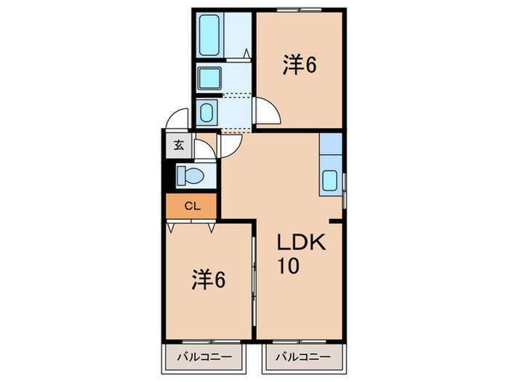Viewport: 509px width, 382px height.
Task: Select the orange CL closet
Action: (x=191, y=206)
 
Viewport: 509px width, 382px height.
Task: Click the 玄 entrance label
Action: (x=179, y=143)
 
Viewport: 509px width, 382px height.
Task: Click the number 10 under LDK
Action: (x=288, y=266)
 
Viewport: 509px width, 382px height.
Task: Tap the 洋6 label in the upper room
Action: (x=300, y=65)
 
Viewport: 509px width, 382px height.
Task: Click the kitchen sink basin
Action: (x=330, y=180)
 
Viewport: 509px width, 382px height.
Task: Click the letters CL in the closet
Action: (x=191, y=206)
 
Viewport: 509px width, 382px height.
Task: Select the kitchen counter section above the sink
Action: (x=330, y=144)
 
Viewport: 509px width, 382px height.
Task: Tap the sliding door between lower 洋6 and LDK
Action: (x=254, y=280)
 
